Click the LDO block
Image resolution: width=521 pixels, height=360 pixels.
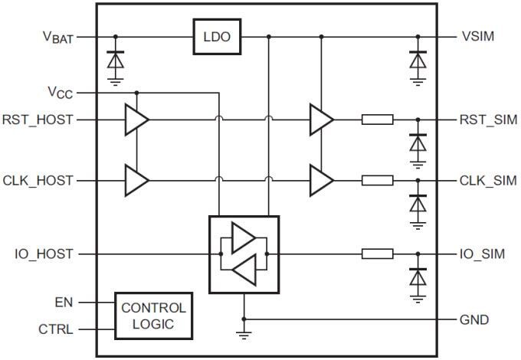(x=216, y=37)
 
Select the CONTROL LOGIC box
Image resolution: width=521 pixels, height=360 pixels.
(x=152, y=316)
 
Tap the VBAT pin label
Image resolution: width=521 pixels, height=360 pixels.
(x=57, y=37)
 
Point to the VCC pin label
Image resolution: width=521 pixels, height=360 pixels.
(x=61, y=93)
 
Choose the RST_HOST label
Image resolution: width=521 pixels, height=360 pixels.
(x=38, y=119)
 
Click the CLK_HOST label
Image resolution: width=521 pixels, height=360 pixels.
(x=38, y=181)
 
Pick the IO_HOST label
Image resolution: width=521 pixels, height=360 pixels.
(x=44, y=254)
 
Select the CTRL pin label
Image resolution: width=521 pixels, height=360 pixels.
(x=57, y=330)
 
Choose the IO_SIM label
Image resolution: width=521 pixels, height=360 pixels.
(x=482, y=254)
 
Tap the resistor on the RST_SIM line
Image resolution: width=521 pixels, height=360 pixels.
(x=377, y=119)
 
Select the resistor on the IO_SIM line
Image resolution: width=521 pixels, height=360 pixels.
(x=377, y=254)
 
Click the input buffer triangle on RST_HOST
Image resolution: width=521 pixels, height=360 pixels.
(x=136, y=119)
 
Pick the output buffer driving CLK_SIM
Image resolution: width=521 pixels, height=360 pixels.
(x=321, y=181)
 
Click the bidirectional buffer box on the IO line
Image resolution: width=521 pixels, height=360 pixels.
(x=244, y=254)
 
